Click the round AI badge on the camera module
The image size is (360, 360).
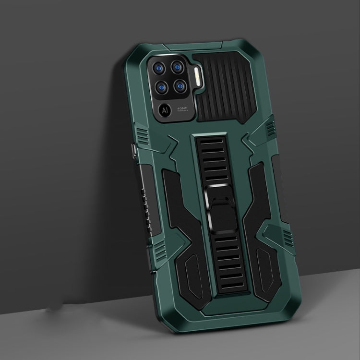[x=165, y=110]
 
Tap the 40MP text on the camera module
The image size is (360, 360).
[x=183, y=108]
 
